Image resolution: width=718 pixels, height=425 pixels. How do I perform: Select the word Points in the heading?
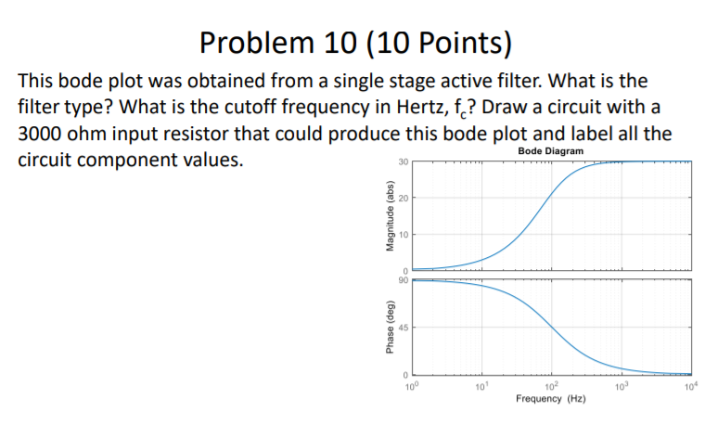tap(452, 42)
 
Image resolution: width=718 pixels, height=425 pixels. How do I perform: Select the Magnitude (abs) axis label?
tap(378, 215)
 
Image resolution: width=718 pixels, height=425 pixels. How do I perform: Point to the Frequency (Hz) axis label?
tap(551, 398)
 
